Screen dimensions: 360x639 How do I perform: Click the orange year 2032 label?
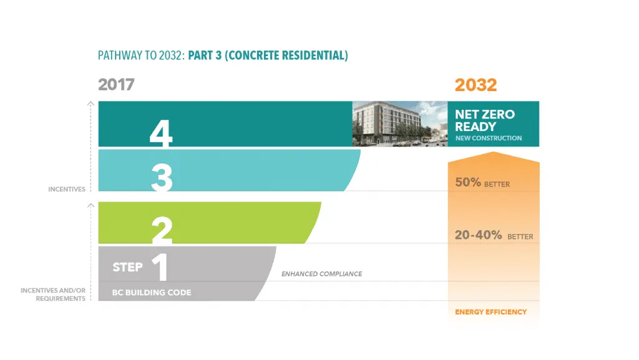476,85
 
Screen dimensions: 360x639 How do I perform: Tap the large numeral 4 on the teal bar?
161,134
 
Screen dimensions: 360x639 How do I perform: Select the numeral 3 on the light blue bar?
162,178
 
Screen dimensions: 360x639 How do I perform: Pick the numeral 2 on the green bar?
162,229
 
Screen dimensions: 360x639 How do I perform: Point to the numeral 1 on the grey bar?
160,268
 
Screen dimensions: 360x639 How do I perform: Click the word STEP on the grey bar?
127,268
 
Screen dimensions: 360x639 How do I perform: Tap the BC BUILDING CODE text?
152,293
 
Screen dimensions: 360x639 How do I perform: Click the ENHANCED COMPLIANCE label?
321,274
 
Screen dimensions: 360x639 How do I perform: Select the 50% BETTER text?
482,183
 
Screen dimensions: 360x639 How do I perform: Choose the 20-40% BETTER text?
494,236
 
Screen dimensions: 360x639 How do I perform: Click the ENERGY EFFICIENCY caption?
490,312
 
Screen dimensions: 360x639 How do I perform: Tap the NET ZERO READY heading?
485,120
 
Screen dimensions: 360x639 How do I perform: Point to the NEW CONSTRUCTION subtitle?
488,139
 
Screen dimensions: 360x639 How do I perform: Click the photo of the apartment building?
399,124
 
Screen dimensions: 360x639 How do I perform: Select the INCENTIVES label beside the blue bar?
67,189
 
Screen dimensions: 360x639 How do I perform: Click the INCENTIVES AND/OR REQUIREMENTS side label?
53,294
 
